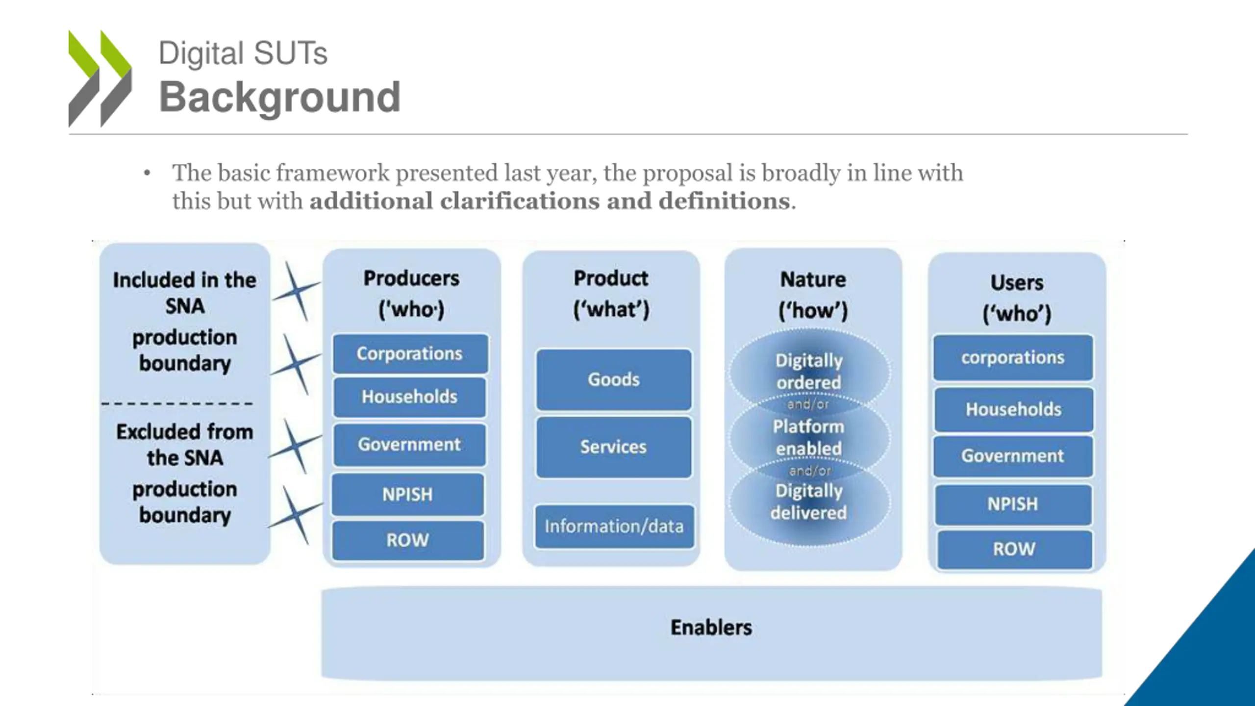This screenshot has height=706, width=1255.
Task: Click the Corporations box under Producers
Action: (x=410, y=353)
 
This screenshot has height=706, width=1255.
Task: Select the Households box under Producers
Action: (x=410, y=397)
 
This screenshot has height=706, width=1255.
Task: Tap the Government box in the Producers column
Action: (x=410, y=445)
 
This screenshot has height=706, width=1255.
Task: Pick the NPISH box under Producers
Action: (x=408, y=494)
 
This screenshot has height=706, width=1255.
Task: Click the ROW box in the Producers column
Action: (x=408, y=540)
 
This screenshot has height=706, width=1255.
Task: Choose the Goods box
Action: (x=614, y=379)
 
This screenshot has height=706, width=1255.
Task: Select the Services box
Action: (x=614, y=447)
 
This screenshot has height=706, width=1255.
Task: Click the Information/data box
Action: (x=614, y=527)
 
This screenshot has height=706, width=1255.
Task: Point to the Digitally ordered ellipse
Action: (x=809, y=371)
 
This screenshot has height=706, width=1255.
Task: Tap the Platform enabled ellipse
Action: (x=809, y=437)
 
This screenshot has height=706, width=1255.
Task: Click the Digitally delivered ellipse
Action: (x=809, y=502)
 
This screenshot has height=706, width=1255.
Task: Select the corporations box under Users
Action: (x=1013, y=358)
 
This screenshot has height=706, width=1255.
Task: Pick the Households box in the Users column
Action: (x=1013, y=409)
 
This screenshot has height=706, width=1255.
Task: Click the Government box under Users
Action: (x=1013, y=456)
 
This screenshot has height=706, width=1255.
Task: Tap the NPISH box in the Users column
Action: (x=1013, y=504)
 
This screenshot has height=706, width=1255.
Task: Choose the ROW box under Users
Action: (x=1014, y=549)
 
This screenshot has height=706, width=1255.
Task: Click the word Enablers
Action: (x=711, y=628)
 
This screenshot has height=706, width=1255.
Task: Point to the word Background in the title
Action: (x=280, y=97)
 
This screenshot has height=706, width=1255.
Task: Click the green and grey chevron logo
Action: (x=100, y=78)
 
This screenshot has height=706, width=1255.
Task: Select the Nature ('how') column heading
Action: (x=813, y=295)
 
